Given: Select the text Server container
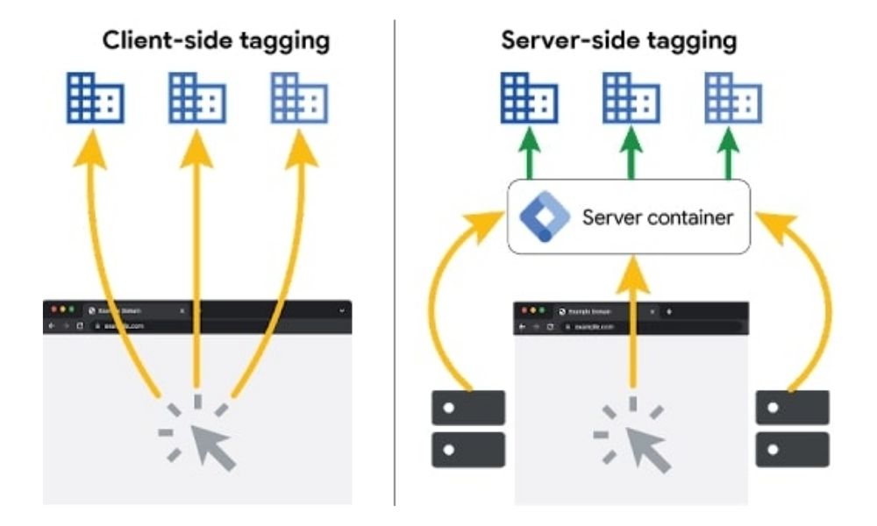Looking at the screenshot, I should [657, 217].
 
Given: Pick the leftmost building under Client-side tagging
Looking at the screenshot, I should [95, 97].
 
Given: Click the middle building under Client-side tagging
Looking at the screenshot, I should [196, 97].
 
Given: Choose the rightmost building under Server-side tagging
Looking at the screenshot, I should [733, 97].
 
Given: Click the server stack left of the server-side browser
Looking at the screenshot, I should [468, 429].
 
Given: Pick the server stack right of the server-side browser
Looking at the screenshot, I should [792, 429].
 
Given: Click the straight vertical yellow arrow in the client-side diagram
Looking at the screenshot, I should [196, 263].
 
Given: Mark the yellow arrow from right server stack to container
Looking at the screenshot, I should [811, 298].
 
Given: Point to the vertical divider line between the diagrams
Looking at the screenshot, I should [395, 263].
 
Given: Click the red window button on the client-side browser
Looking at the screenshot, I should [53, 310].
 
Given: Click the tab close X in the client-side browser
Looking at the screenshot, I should [182, 310].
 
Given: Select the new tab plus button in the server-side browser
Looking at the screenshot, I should [669, 311].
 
